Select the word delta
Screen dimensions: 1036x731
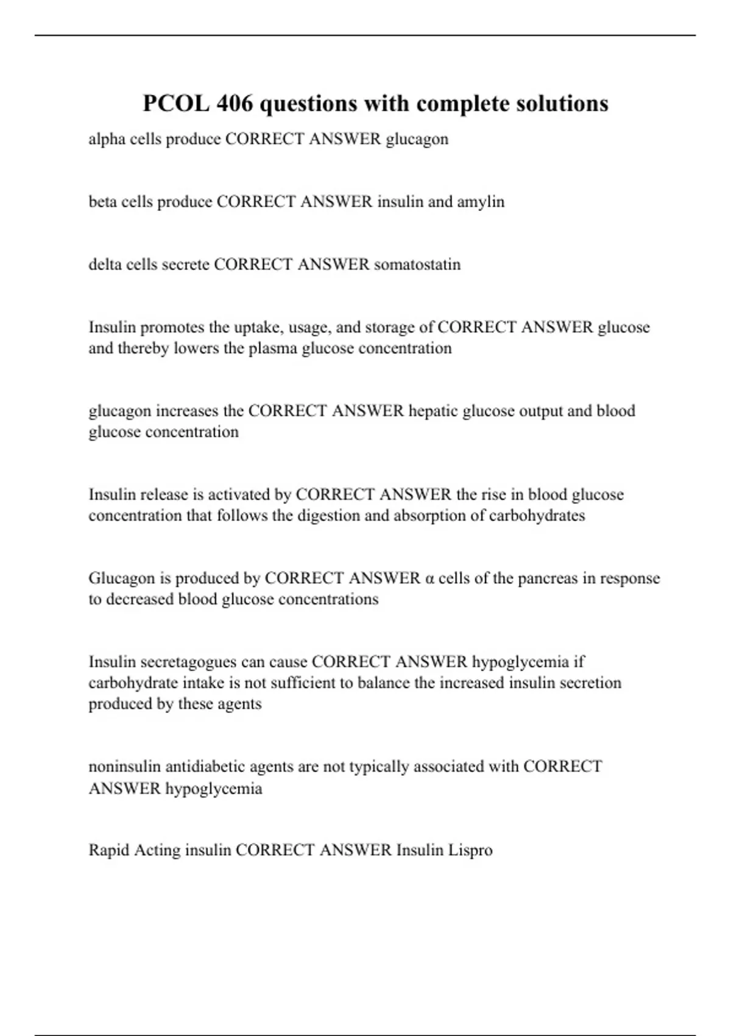click(105, 264)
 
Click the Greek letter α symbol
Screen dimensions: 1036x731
click(429, 578)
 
